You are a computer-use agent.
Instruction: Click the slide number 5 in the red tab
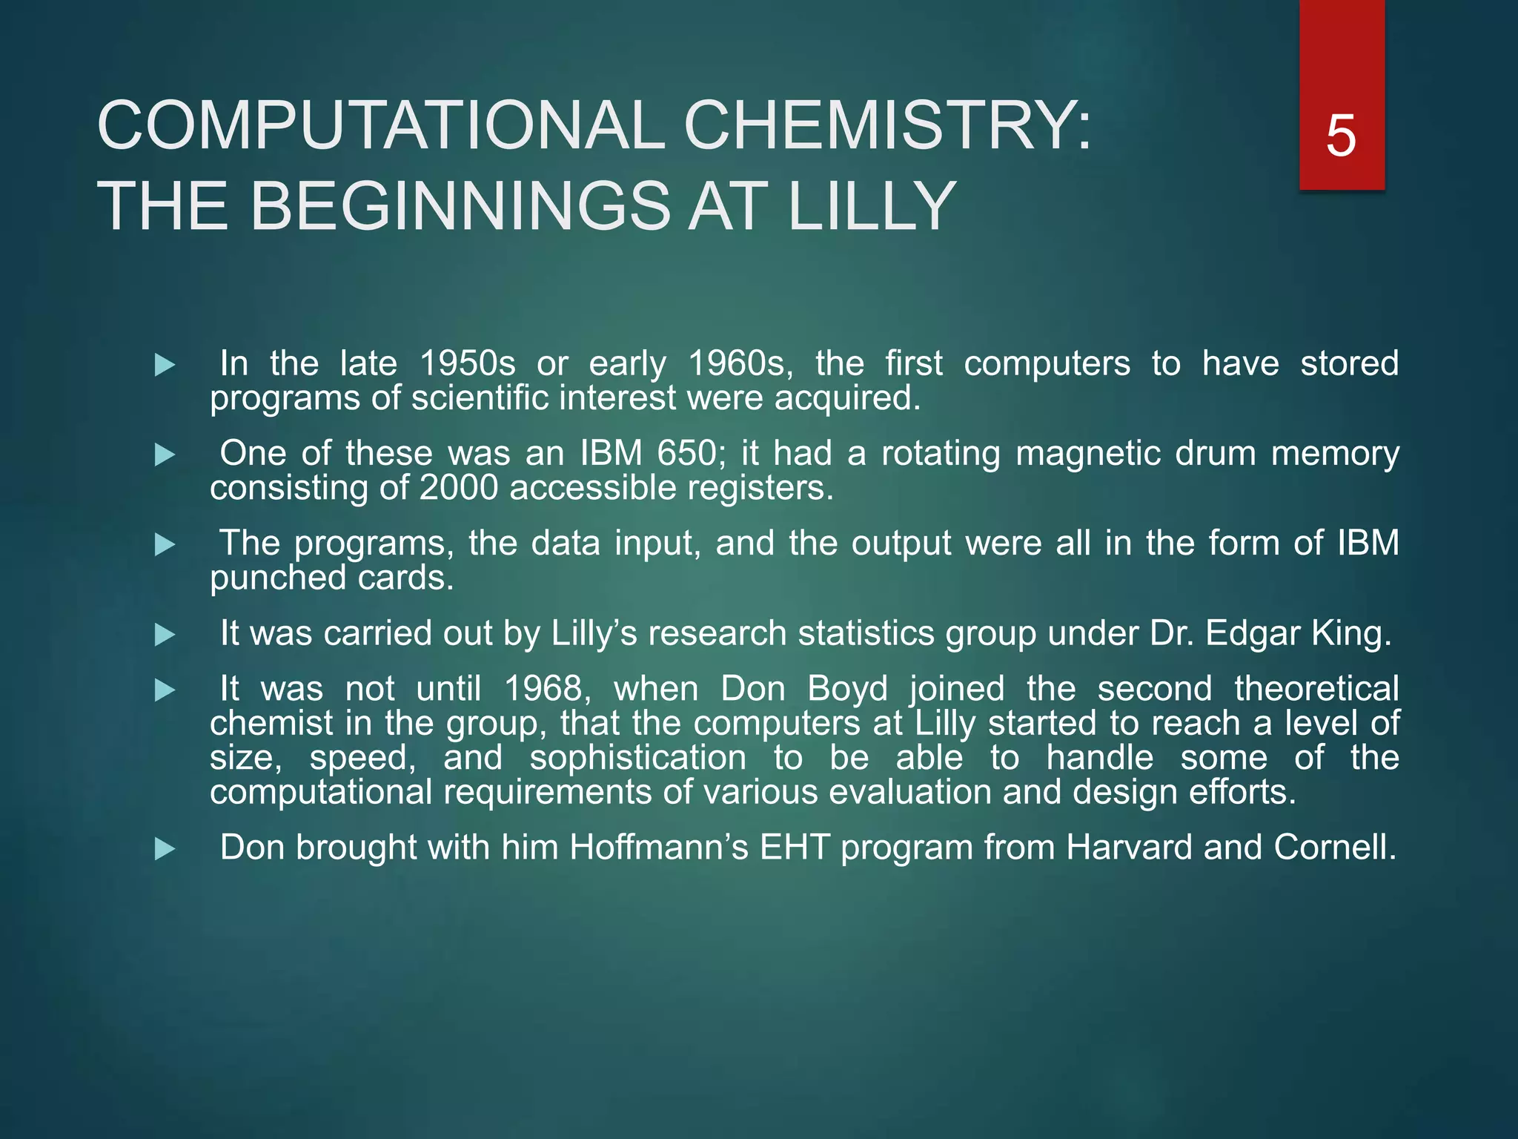coord(1341,136)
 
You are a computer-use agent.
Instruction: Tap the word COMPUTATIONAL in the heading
coord(381,125)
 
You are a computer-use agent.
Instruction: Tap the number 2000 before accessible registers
coord(458,488)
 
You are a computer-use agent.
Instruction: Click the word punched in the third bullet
coord(268,578)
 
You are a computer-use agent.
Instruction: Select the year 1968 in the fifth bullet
coord(547,689)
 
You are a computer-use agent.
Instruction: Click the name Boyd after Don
coord(847,689)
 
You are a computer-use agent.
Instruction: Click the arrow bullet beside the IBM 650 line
coord(165,455)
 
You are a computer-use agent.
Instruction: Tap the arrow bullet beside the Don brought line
coord(165,849)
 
